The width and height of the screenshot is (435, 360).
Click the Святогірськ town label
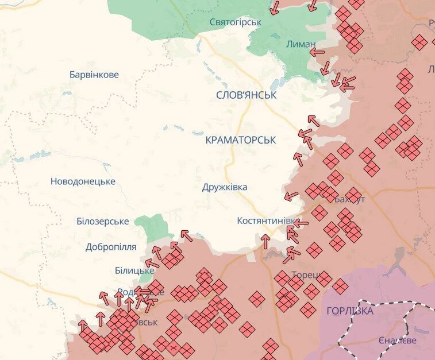tap(235, 22)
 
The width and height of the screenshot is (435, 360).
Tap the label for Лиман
tap(301, 44)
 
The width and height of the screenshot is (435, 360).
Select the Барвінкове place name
tap(94, 75)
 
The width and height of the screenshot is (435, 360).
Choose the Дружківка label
tap(225, 187)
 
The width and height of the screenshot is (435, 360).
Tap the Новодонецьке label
tap(83, 181)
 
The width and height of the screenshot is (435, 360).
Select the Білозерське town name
tap(102, 222)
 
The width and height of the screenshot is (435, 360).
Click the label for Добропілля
tap(111, 247)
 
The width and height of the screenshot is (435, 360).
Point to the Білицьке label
tap(134, 270)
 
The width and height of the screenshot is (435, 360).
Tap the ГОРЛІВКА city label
tap(349, 311)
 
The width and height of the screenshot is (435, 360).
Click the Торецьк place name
tap(305, 274)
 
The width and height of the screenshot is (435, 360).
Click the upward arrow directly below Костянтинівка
tap(265, 241)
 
